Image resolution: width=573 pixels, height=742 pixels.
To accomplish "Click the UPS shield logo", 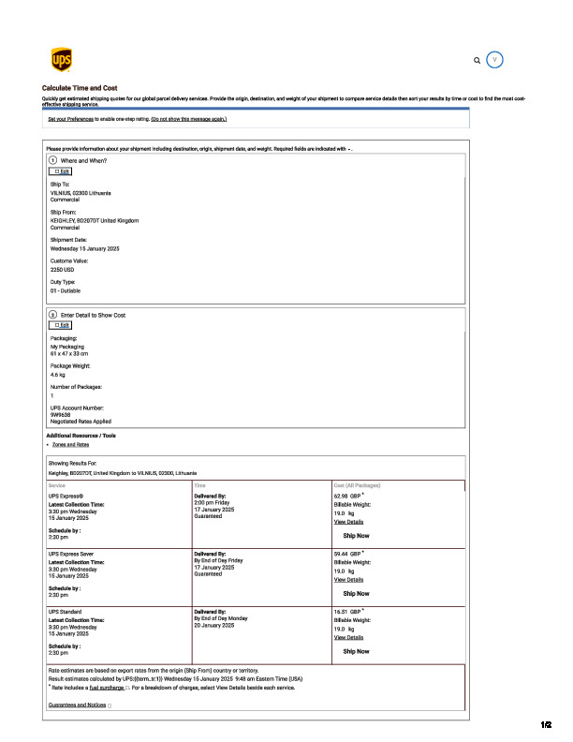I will (60, 61).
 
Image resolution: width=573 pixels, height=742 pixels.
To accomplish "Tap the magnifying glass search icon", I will (477, 60).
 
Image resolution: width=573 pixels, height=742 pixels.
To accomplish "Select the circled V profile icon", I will (496, 59).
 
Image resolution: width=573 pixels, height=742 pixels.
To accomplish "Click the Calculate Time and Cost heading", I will (80, 88).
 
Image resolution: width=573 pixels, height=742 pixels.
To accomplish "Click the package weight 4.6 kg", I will (58, 374).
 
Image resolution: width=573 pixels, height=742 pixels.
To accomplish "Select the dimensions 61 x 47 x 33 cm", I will (69, 352).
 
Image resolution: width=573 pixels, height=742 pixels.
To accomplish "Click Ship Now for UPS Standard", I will (356, 651).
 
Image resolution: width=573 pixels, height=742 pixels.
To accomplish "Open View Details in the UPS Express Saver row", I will (348, 580).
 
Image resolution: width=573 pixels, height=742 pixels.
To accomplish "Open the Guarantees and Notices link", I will (77, 705).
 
